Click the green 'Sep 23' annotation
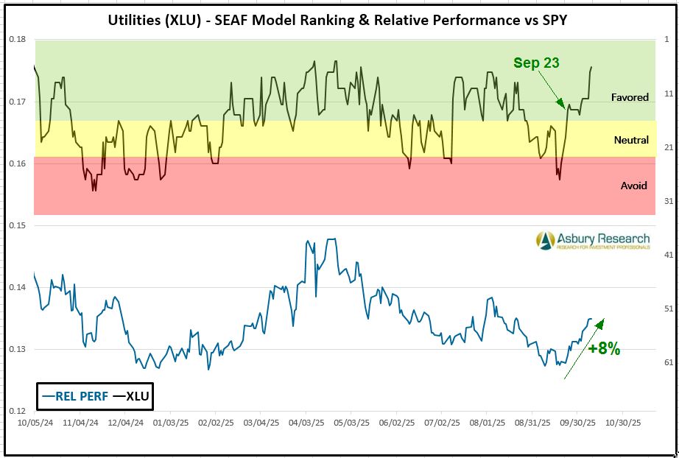pyautogui.click(x=536, y=63)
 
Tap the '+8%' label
pyautogui.click(x=604, y=349)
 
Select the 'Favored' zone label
pyautogui.click(x=630, y=97)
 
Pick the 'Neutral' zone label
pyautogui.click(x=631, y=140)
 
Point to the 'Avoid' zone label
pyautogui.click(x=633, y=186)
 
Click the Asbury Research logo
pyautogui.click(x=592, y=241)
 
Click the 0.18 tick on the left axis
pyautogui.click(x=17, y=40)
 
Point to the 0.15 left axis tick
pyautogui.click(x=17, y=225)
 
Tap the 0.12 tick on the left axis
pyautogui.click(x=17, y=411)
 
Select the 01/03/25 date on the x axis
pyautogui.click(x=170, y=424)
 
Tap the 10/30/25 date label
pyautogui.click(x=622, y=424)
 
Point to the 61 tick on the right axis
pyautogui.click(x=669, y=362)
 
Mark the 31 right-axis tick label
pyautogui.click(x=669, y=201)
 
